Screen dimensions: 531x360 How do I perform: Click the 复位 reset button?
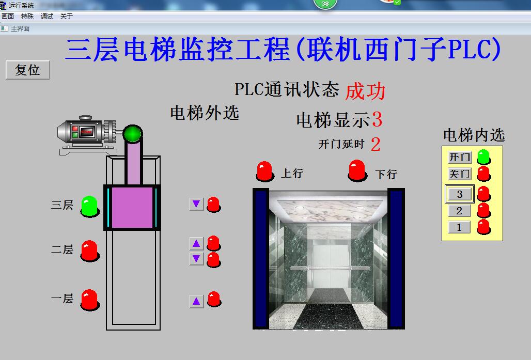[28, 70]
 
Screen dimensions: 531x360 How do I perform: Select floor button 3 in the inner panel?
[460, 194]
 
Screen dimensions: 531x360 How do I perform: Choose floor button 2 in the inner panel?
[459, 211]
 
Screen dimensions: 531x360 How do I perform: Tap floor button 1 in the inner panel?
[459, 227]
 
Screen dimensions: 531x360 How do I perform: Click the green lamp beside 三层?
[89, 206]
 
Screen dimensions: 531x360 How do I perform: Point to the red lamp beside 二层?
[89, 250]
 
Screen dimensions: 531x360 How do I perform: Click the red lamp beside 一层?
[89, 299]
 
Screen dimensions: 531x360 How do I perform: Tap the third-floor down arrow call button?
[196, 204]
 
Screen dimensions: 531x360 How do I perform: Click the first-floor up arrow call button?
[196, 301]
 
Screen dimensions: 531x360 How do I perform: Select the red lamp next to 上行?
[264, 171]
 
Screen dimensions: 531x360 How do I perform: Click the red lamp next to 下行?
[357, 170]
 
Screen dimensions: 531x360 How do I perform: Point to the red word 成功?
[365, 91]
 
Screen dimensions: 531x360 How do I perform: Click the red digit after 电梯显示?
[377, 119]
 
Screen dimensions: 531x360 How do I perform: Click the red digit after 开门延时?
[376, 145]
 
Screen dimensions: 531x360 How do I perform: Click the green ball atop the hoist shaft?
[133, 134]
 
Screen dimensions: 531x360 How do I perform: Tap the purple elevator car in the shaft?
[132, 207]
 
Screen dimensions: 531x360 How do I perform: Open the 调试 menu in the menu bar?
[47, 17]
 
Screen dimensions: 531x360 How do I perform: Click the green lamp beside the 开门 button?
[483, 156]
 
